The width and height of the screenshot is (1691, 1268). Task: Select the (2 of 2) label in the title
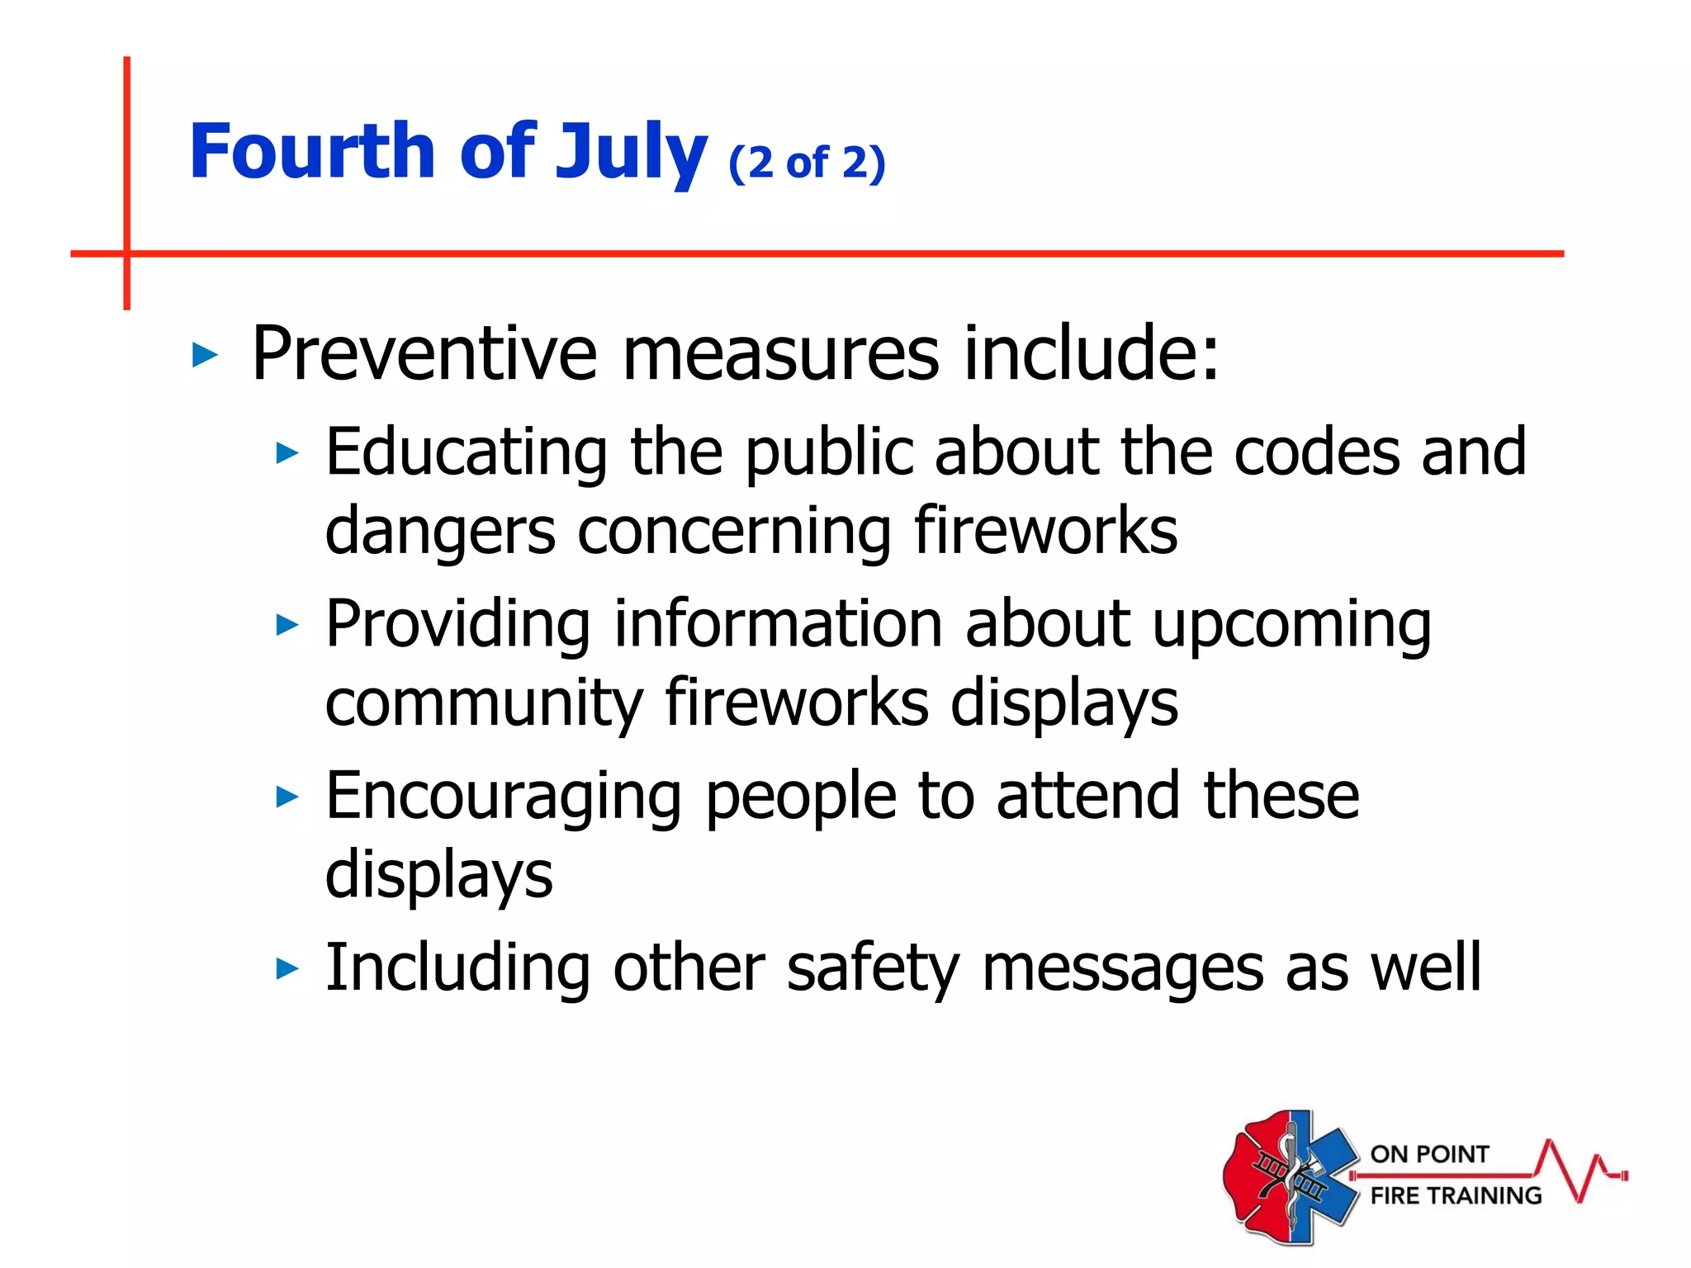coord(807,163)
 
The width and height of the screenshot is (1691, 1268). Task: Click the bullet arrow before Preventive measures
coord(204,356)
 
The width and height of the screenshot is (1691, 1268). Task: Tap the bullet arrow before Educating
coord(287,452)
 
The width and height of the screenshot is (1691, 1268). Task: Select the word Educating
coord(467,452)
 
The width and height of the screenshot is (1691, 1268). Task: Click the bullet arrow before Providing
coord(287,625)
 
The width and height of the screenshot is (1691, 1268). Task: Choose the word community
coord(484,703)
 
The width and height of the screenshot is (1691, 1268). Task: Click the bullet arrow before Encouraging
coord(287,797)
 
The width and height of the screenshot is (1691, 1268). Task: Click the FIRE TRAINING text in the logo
coord(1456,1195)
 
